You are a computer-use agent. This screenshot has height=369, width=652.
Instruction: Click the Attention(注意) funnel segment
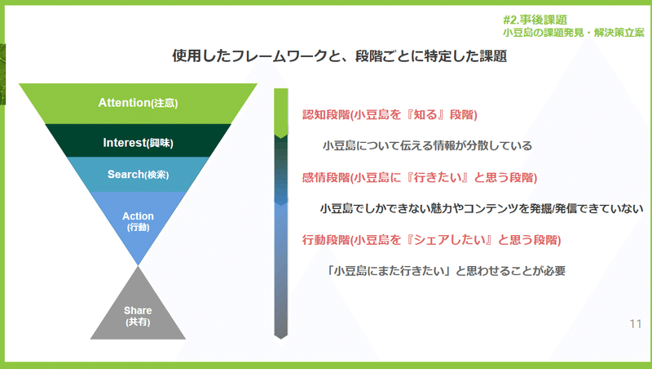138,104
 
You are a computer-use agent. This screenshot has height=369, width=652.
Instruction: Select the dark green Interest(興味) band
138,140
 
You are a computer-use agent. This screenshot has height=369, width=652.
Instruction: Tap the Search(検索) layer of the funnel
138,174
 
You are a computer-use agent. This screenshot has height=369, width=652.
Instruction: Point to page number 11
636,323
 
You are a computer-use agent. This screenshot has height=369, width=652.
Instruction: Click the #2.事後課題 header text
535,20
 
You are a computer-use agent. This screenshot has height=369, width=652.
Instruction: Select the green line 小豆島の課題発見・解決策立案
574,33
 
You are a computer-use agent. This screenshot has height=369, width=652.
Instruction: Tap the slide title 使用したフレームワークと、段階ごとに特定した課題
339,56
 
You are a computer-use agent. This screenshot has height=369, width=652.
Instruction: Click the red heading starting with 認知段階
390,114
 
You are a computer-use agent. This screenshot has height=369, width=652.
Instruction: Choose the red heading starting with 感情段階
420,177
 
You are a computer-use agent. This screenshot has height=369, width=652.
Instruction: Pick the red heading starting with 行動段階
432,240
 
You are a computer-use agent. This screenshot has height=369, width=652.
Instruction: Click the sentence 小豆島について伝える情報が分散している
427,145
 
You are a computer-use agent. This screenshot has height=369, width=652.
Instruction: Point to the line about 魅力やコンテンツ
482,208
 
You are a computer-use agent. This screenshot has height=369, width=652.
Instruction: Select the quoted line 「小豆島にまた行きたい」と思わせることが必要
445,271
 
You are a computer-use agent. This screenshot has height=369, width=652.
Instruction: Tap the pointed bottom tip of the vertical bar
281,339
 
